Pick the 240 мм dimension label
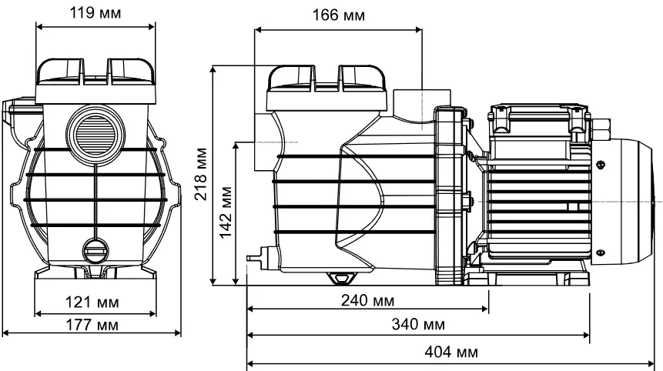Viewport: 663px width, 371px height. point(368,299)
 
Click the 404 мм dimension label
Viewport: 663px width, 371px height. point(451,352)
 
